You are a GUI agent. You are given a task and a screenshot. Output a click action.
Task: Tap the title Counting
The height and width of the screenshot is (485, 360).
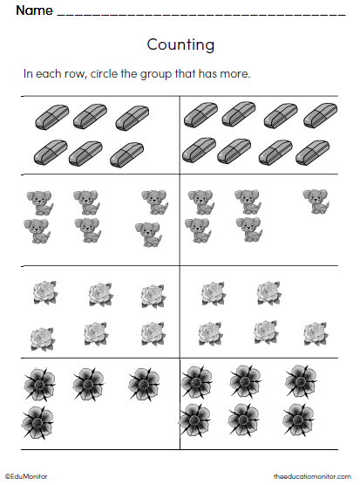(180, 44)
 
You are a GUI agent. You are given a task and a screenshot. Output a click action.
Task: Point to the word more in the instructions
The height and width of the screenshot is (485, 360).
(235, 73)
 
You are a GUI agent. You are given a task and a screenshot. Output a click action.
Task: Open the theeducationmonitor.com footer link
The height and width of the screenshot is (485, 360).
(311, 476)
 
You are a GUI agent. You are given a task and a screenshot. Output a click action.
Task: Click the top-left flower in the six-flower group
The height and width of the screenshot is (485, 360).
(196, 382)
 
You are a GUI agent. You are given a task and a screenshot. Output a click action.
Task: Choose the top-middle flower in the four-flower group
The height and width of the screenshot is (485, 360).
(88, 382)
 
